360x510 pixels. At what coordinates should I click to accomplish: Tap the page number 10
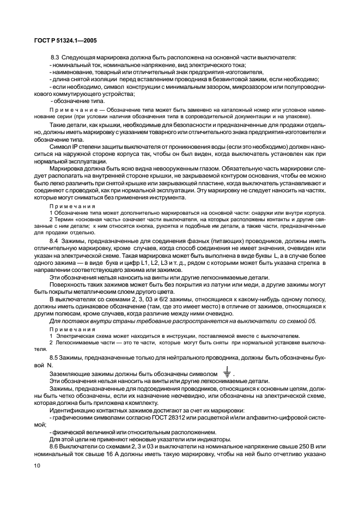click(x=36, y=465)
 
